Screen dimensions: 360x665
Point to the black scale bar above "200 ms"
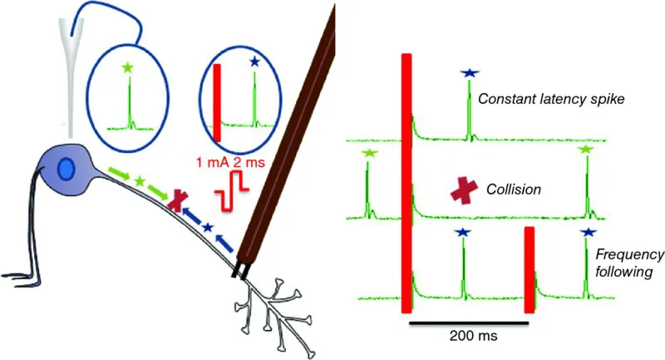point(468,319)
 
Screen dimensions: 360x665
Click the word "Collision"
point(515,190)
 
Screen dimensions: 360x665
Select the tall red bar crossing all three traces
point(406,183)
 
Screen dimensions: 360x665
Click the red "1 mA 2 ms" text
point(226,164)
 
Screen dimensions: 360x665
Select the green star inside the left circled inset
point(127,67)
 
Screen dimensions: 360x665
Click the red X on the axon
point(176,200)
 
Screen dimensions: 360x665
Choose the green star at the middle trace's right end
point(586,149)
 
